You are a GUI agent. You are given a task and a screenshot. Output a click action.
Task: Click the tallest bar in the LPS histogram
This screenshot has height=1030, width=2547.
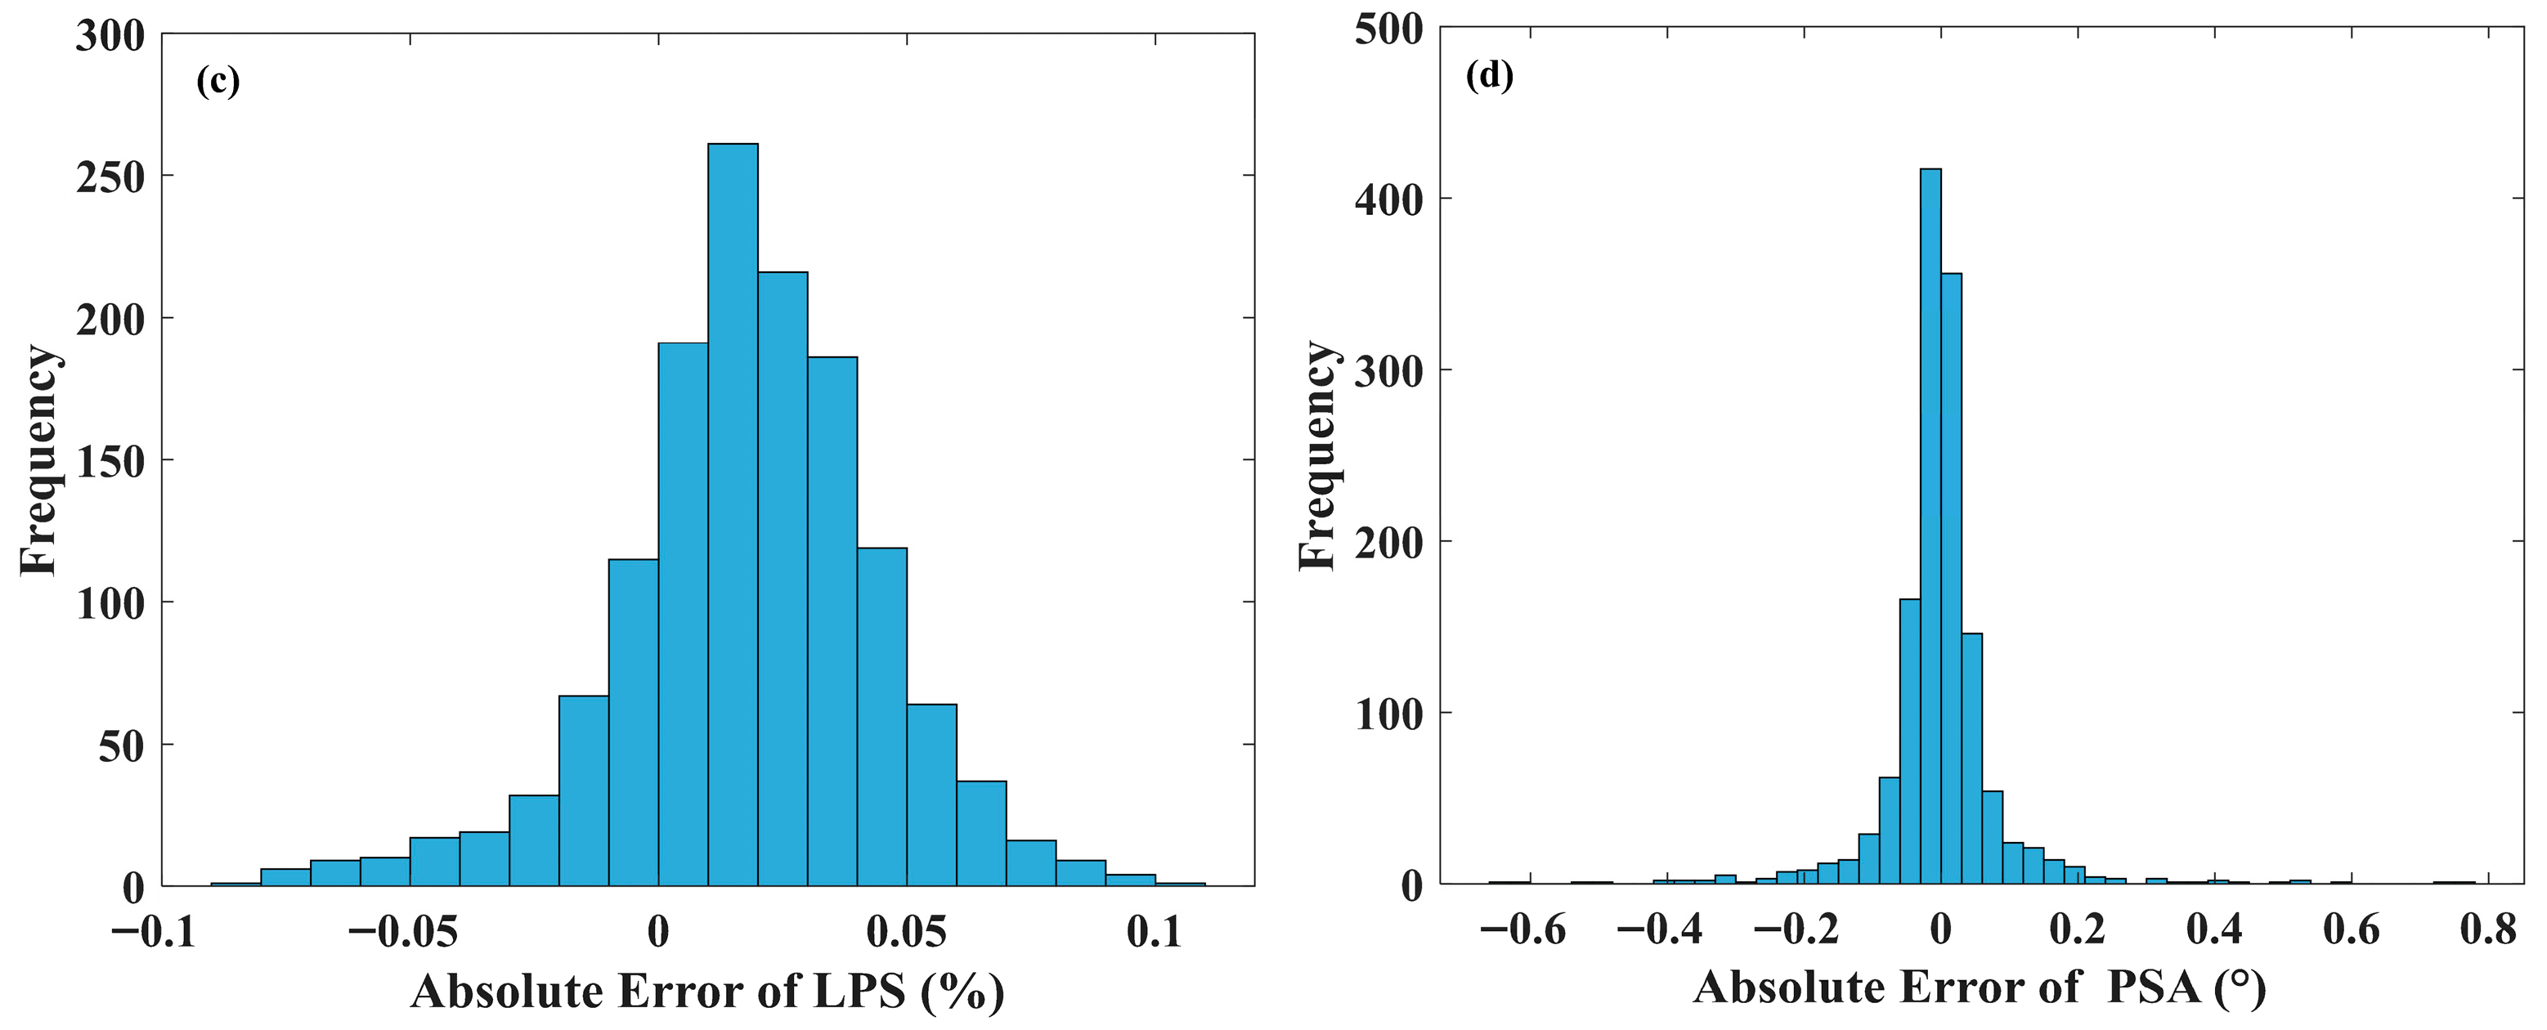[733, 514]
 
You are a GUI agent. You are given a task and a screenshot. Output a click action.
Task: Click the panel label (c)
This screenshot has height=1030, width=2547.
[218, 81]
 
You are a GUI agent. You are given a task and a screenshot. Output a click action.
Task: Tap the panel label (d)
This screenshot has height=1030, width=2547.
[1489, 75]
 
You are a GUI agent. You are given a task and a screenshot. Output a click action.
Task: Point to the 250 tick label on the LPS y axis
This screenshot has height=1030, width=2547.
[110, 178]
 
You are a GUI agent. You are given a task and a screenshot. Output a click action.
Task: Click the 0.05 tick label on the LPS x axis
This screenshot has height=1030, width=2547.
[907, 931]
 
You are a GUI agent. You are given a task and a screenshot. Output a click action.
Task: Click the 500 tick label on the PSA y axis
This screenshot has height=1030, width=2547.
[1388, 29]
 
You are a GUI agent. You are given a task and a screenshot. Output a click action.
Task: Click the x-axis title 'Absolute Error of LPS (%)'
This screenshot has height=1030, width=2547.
[708, 992]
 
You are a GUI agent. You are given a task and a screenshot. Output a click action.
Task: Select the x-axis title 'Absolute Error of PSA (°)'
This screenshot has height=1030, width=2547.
[1980, 987]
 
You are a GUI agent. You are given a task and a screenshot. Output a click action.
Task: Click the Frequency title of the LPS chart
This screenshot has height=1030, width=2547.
[39, 459]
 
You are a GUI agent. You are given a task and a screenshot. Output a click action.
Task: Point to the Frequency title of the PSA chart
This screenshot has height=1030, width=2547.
[1317, 455]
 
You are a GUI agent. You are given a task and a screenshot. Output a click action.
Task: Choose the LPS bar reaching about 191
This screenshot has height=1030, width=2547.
[684, 614]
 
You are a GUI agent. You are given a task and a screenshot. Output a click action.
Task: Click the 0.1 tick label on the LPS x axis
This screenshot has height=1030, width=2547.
[1154, 931]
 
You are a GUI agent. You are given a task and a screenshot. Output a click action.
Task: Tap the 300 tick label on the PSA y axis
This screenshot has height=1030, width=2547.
[1388, 372]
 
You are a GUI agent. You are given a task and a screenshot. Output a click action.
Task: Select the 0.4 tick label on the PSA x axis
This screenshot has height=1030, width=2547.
[2213, 929]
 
